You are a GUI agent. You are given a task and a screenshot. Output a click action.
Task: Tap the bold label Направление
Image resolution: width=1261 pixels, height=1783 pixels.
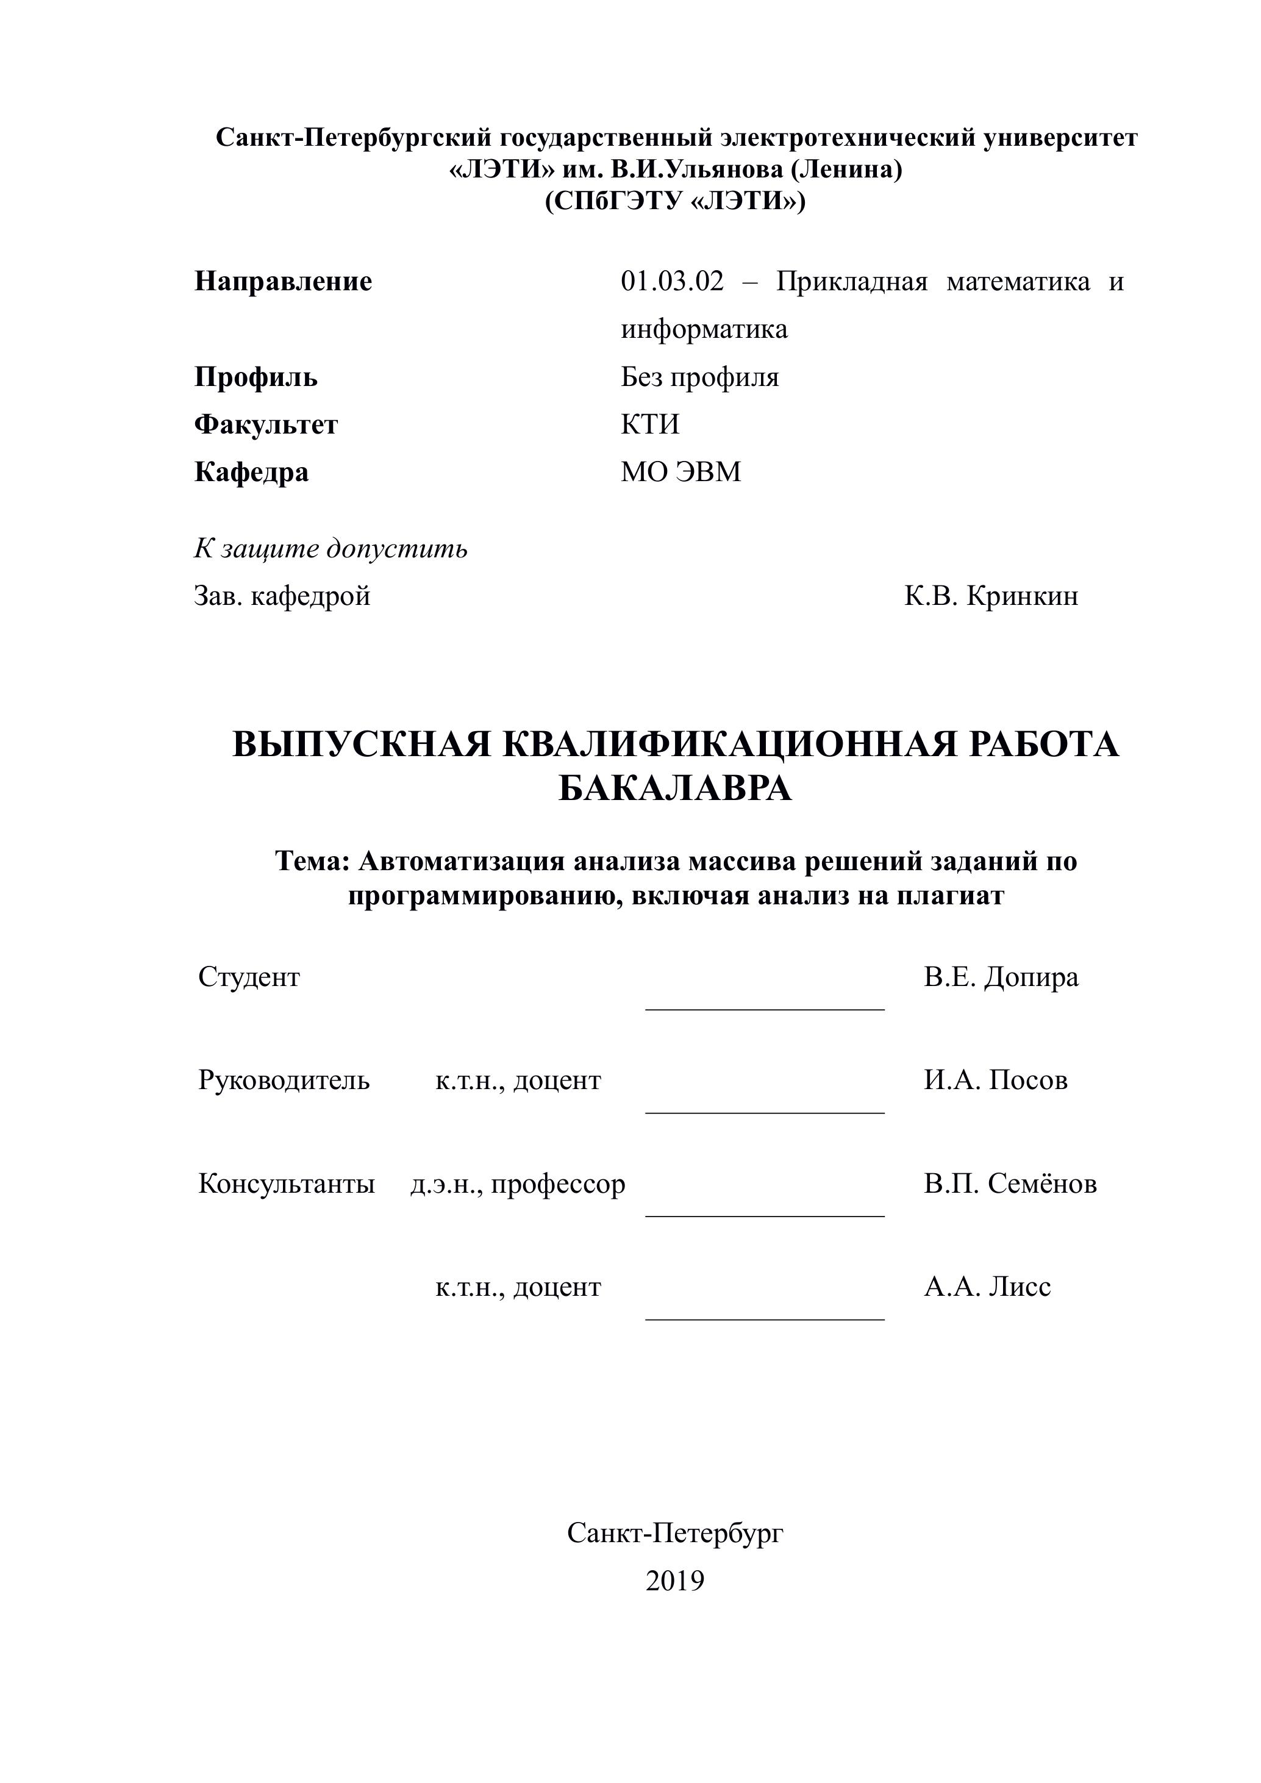(x=283, y=281)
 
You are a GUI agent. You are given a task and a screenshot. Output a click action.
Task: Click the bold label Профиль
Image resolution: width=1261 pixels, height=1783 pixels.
(x=255, y=377)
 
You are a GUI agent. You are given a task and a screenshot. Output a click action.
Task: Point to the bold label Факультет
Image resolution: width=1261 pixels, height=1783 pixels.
(x=266, y=425)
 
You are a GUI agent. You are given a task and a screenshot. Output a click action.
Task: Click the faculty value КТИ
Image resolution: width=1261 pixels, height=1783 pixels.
(x=650, y=425)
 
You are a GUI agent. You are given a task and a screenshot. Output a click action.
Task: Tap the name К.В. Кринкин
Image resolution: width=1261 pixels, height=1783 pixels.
(x=991, y=596)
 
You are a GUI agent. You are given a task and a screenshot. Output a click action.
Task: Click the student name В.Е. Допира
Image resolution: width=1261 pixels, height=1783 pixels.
(x=1001, y=977)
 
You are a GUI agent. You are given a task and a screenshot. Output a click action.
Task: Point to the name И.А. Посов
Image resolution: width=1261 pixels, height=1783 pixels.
(x=995, y=1080)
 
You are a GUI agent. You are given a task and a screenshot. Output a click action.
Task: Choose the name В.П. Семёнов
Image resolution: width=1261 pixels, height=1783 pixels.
(x=1010, y=1184)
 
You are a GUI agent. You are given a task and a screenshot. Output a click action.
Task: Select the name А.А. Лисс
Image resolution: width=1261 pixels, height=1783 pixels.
(x=987, y=1287)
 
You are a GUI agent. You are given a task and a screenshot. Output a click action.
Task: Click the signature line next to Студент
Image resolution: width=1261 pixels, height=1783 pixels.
(x=765, y=1009)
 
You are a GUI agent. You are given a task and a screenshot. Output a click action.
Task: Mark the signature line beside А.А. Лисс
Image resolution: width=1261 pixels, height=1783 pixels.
(x=765, y=1318)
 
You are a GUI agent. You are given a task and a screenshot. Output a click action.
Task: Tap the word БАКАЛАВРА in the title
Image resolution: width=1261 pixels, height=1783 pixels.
(x=675, y=790)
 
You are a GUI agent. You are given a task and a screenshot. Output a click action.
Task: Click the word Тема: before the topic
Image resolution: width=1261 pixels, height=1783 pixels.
(x=313, y=861)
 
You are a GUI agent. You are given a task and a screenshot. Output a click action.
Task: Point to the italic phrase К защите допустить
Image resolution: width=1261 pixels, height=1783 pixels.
(x=330, y=548)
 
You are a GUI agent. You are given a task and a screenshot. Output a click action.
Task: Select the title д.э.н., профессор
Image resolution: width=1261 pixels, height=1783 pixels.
(x=518, y=1184)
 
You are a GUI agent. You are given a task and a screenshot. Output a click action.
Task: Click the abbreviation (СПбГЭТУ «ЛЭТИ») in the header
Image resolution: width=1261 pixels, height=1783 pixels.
(x=675, y=201)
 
